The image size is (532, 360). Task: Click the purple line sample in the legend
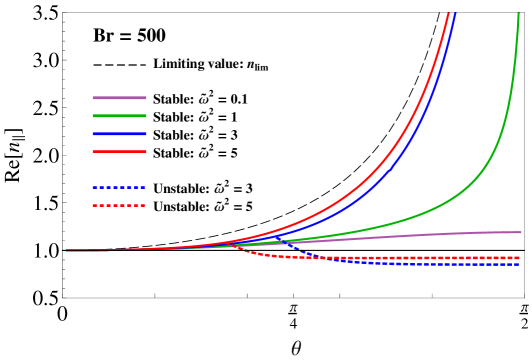click(x=119, y=98)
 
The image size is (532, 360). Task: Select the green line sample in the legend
click(x=119, y=116)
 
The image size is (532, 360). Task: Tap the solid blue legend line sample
click(x=119, y=134)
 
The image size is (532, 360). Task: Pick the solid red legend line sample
click(x=119, y=152)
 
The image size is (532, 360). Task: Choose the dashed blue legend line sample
click(x=119, y=188)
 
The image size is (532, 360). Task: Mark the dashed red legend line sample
click(x=119, y=206)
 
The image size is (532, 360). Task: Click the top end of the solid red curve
click(x=447, y=14)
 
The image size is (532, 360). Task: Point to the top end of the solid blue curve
click(x=455, y=14)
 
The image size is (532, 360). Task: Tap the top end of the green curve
click(x=518, y=14)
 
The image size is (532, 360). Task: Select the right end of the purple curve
click(x=520, y=232)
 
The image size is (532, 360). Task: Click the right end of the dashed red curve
click(x=519, y=258)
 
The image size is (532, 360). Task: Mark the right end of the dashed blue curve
click(x=519, y=264)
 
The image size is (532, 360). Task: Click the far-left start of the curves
click(x=68, y=251)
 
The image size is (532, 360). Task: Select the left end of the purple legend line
click(x=93, y=98)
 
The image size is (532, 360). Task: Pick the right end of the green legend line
click(x=146, y=116)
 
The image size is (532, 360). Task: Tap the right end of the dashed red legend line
click(x=146, y=206)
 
